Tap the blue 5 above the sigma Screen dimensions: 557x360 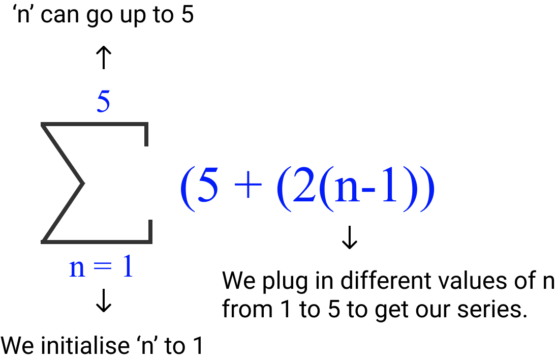click(x=103, y=103)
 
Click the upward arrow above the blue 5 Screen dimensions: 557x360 click(x=103, y=57)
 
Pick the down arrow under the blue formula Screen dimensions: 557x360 click(x=350, y=237)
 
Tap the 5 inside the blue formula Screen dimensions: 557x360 click(x=207, y=187)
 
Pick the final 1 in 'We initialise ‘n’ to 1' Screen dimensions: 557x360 click(x=197, y=346)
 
